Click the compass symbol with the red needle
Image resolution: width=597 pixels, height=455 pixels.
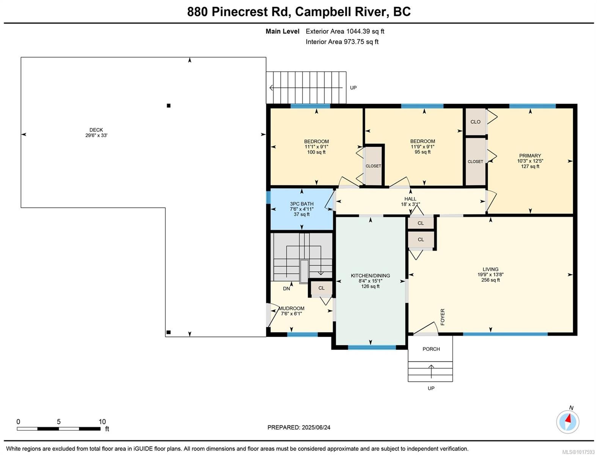click(567, 422)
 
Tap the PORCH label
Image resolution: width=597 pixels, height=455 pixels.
click(431, 349)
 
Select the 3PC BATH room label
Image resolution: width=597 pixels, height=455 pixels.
click(302, 204)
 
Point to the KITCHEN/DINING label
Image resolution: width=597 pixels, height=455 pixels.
click(370, 275)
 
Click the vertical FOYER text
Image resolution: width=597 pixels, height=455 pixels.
click(443, 317)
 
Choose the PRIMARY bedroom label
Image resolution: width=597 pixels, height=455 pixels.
click(530, 155)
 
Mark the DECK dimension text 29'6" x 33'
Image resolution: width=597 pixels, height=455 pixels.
click(96, 135)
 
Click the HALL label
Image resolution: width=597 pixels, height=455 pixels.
click(410, 199)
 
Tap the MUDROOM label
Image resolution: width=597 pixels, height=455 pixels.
click(291, 308)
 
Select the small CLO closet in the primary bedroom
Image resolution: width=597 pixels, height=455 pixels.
click(475, 122)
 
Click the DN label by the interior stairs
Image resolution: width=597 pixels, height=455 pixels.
click(286, 289)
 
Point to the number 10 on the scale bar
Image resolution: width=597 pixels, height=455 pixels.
click(102, 422)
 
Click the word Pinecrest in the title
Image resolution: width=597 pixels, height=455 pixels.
click(239, 12)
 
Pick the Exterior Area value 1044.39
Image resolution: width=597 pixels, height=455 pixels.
click(358, 31)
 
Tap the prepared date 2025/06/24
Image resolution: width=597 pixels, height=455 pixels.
click(316, 427)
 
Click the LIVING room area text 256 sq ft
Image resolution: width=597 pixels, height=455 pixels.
click(490, 280)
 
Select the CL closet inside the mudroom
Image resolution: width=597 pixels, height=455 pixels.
click(321, 288)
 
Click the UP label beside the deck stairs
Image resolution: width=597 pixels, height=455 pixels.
click(353, 88)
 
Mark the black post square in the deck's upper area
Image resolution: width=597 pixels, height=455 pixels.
click(169, 105)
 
